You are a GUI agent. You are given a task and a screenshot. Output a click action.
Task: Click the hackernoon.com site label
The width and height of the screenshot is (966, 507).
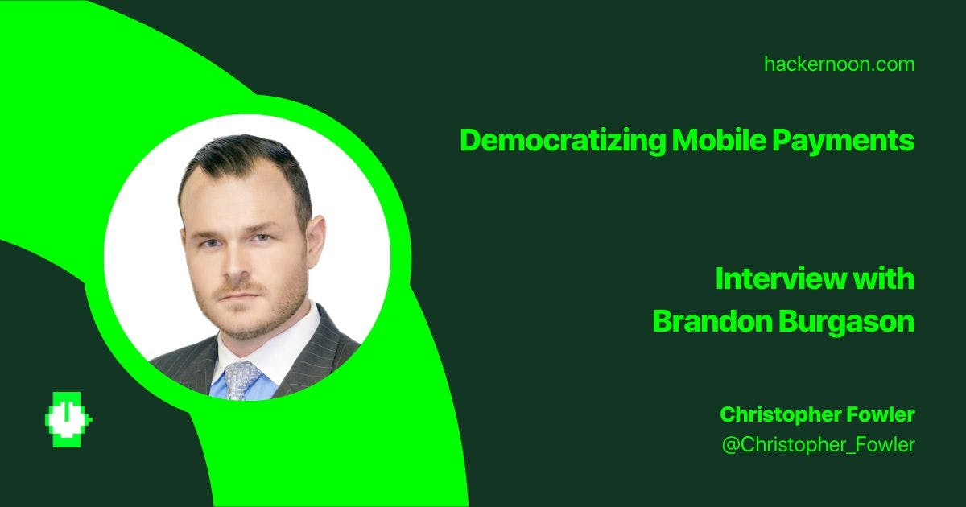tap(839, 64)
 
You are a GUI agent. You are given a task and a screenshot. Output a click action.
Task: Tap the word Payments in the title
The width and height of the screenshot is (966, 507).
tap(843, 141)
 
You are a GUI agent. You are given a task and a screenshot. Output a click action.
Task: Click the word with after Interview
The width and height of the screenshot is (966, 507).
tap(884, 279)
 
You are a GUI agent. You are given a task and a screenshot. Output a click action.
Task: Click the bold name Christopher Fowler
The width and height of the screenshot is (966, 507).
tap(817, 414)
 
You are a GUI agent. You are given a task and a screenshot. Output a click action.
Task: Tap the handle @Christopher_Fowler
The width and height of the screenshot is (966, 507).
tap(818, 444)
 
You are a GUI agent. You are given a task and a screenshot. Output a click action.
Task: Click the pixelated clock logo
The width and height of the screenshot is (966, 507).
tap(68, 419)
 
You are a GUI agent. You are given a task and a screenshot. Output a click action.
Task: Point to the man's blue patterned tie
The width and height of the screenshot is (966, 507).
tap(241, 378)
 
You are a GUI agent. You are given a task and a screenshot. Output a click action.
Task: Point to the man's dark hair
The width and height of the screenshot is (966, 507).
tap(242, 161)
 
